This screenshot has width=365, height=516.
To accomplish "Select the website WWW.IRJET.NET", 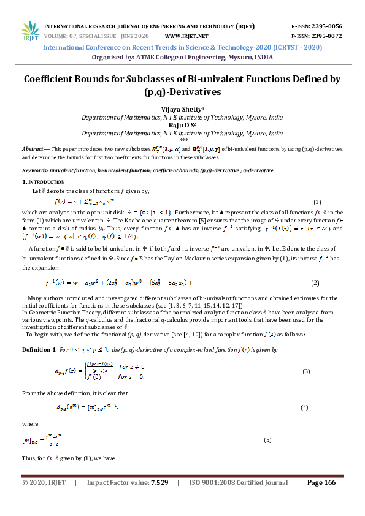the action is (186, 36).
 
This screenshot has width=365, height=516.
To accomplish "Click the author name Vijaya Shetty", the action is (181, 108).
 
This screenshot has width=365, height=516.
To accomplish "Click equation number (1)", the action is (317, 202).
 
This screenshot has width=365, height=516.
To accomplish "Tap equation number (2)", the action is (315, 283).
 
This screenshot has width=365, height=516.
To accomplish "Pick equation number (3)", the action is (306, 372).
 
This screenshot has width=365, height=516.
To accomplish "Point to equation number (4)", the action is (304, 408).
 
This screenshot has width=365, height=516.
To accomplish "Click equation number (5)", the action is (267, 440).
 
